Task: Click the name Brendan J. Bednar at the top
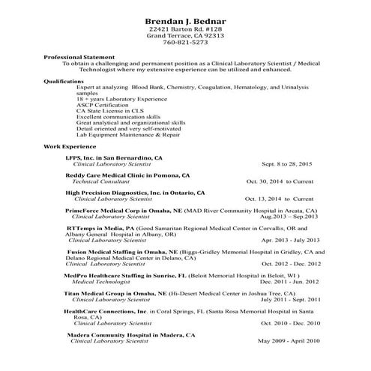tap(186, 19)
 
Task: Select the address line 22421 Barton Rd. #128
tap(186, 28)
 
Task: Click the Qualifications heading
tap(64, 80)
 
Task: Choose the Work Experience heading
tap(70, 146)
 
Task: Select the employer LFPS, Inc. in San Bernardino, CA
tap(113, 158)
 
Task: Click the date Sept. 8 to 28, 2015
tap(288, 163)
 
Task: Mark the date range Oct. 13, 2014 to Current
tap(279, 200)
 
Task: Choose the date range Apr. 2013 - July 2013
tap(291, 241)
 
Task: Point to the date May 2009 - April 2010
tap(289, 341)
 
